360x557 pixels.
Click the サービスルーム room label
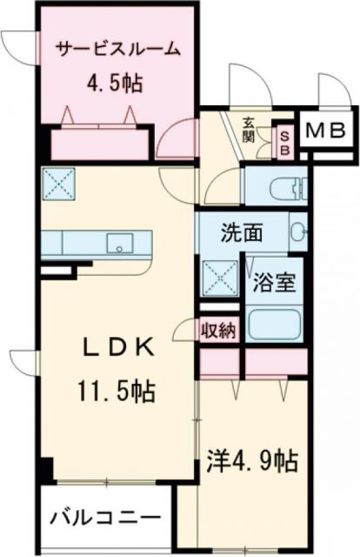coord(117,50)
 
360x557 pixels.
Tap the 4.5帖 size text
coord(114,84)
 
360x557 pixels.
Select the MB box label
coord(327,131)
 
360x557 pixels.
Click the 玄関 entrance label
coord(249,132)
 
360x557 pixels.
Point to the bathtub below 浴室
coord(275,325)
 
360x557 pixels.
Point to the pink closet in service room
coord(101,140)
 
